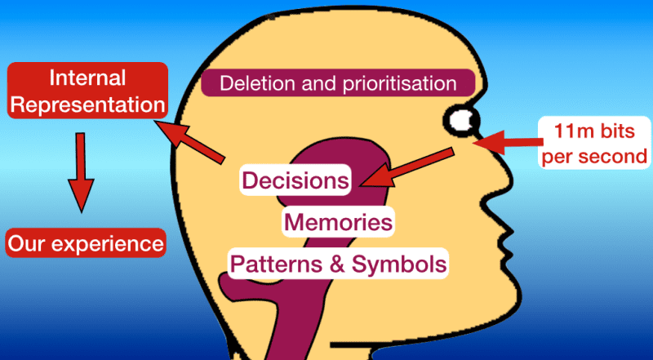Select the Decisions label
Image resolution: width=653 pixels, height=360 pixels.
tap(296, 180)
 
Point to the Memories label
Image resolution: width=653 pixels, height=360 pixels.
tap(338, 221)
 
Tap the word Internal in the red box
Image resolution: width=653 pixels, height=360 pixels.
tap(87, 79)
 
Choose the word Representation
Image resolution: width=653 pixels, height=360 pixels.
tap(87, 105)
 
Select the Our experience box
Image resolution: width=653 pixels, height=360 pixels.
tap(86, 243)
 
